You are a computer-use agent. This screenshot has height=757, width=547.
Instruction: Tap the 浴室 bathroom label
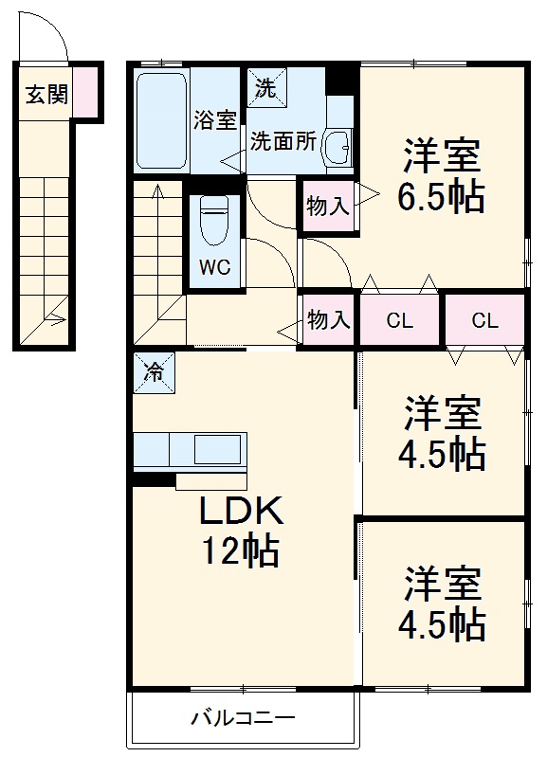214,120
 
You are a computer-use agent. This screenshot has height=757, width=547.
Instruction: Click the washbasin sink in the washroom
337,148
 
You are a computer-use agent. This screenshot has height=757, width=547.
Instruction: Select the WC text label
214,267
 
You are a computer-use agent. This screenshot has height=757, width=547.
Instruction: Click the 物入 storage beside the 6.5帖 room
328,206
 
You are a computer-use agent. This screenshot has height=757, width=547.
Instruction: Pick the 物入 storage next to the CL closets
328,320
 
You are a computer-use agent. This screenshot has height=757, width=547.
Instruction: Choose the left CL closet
400,320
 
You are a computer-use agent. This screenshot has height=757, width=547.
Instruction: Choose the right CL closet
484,320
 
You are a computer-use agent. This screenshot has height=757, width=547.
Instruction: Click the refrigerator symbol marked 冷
153,371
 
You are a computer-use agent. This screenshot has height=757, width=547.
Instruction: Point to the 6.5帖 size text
443,197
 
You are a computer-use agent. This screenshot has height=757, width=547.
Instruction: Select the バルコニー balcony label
243,717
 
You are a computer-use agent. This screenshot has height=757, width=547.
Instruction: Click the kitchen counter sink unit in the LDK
190,450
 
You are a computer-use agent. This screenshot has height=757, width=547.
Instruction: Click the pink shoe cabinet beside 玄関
85,91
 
